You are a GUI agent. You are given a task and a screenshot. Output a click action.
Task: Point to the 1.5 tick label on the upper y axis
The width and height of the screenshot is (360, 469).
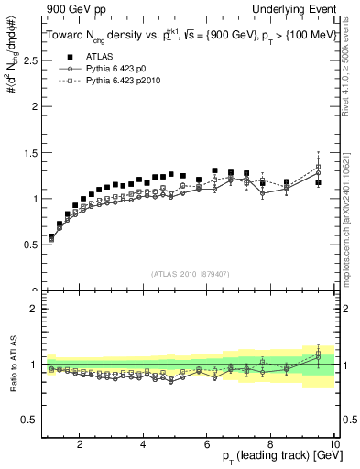[x=29, y=152]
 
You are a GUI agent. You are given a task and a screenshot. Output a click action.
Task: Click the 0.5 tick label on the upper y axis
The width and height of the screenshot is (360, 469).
[x=29, y=245]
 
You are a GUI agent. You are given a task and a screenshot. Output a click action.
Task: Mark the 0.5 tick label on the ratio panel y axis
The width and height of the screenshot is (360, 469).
[x=29, y=420]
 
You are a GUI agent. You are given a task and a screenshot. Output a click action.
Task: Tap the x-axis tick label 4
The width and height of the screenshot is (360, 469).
[x=144, y=445]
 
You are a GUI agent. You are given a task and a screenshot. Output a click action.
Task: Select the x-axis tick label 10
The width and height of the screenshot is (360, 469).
[x=333, y=445]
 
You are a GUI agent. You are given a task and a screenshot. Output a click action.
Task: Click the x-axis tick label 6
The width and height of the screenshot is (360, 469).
[x=207, y=445]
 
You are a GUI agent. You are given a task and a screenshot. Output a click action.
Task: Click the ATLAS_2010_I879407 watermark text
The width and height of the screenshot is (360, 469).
[x=190, y=274]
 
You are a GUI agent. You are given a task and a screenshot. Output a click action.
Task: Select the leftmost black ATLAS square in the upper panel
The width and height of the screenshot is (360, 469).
[x=51, y=237]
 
